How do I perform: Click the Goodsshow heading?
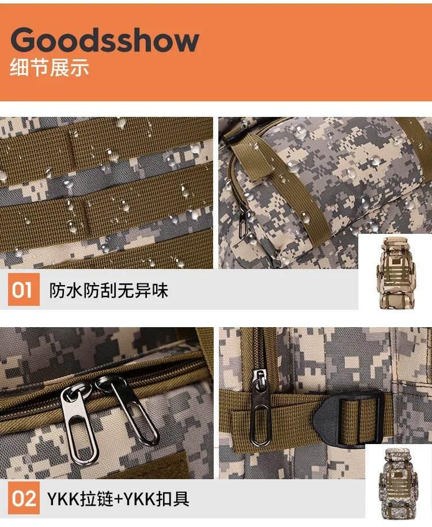(105, 40)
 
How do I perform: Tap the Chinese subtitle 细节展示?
(50, 67)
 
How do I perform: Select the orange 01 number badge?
(24, 289)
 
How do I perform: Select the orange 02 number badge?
(24, 498)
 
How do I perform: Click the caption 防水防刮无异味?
(109, 290)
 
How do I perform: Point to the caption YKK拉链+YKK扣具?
(118, 498)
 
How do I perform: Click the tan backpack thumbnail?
(396, 272)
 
